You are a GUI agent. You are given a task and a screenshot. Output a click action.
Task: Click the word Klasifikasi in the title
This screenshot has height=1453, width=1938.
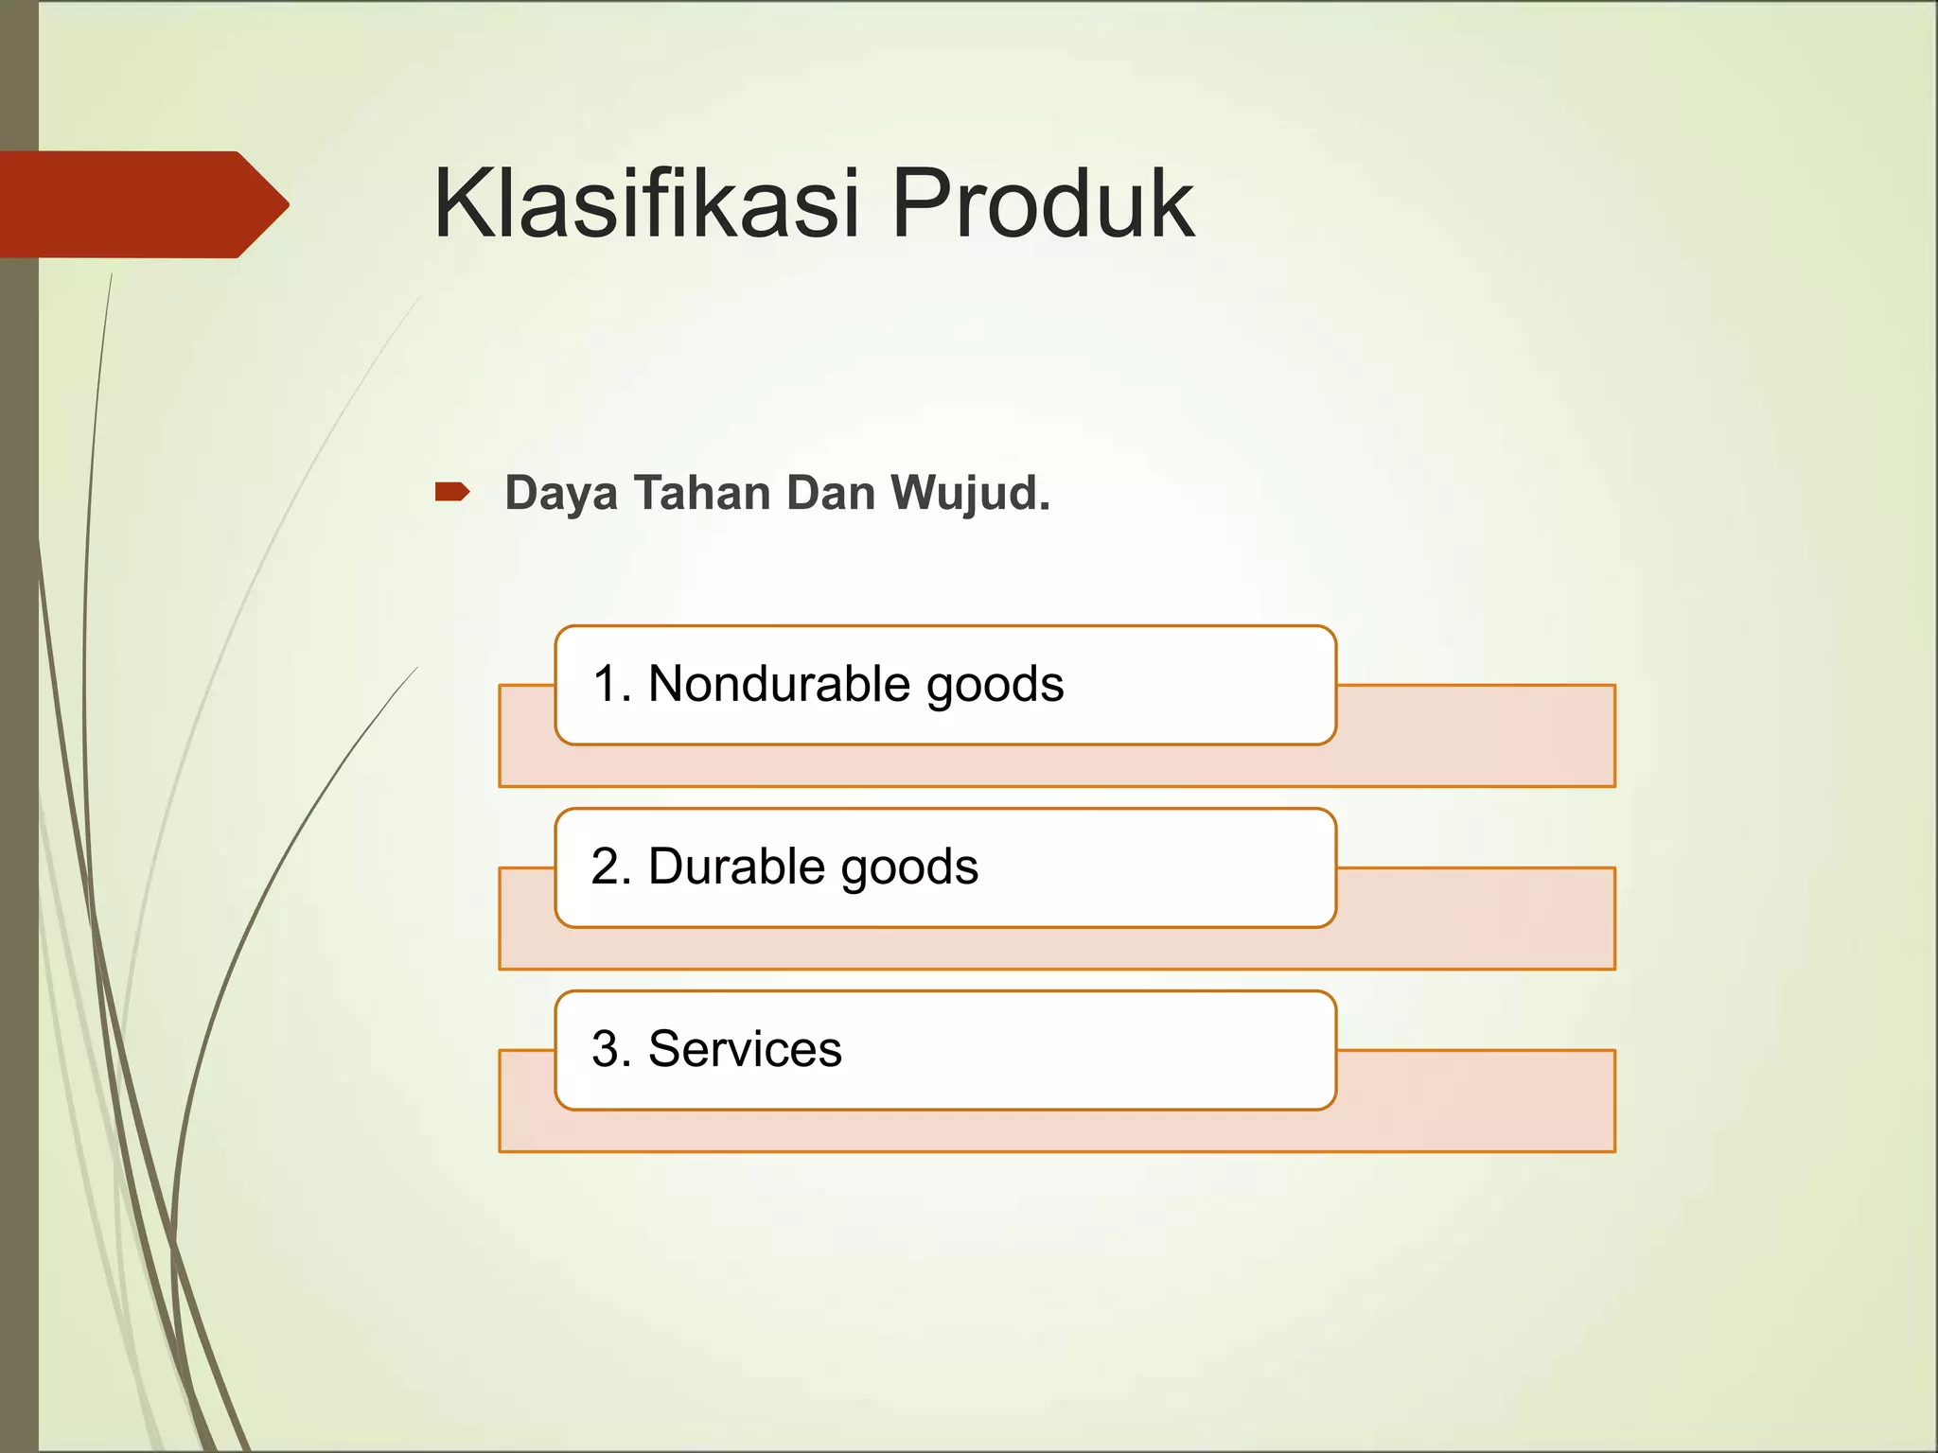[646, 203]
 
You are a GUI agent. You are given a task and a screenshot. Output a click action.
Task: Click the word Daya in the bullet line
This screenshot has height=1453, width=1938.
[560, 494]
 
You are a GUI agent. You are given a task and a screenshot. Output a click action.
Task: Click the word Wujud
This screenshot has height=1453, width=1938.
[965, 494]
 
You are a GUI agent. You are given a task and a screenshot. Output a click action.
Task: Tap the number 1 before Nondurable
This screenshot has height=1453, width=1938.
[608, 683]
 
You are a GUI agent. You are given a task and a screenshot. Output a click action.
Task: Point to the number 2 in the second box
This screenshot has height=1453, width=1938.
[606, 867]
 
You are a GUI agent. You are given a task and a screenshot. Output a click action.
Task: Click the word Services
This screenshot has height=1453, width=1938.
[745, 1049]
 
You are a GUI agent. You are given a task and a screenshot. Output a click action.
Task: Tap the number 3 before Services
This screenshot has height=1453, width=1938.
[606, 1049]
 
